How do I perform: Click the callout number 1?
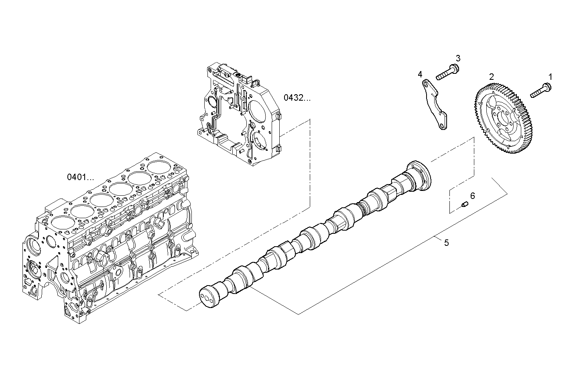coord(550,76)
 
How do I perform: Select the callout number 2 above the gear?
coord(491,76)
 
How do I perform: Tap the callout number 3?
coord(457,58)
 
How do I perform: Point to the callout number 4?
coord(420,74)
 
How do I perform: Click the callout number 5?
coord(446,243)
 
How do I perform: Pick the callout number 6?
coord(472,196)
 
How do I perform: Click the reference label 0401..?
coord(80,177)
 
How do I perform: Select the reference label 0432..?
coord(297,97)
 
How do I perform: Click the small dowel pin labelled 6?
coord(464,205)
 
